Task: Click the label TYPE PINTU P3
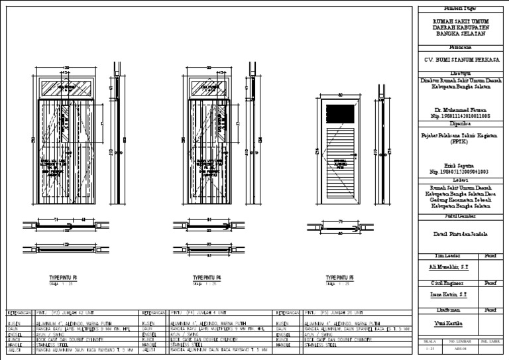[x=64, y=278]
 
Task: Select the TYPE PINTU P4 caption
[x=207, y=278]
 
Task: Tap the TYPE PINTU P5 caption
[x=340, y=278]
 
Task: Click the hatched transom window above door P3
[x=66, y=88]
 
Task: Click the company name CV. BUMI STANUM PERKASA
[x=463, y=60]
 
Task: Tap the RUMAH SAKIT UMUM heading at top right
[x=463, y=21]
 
